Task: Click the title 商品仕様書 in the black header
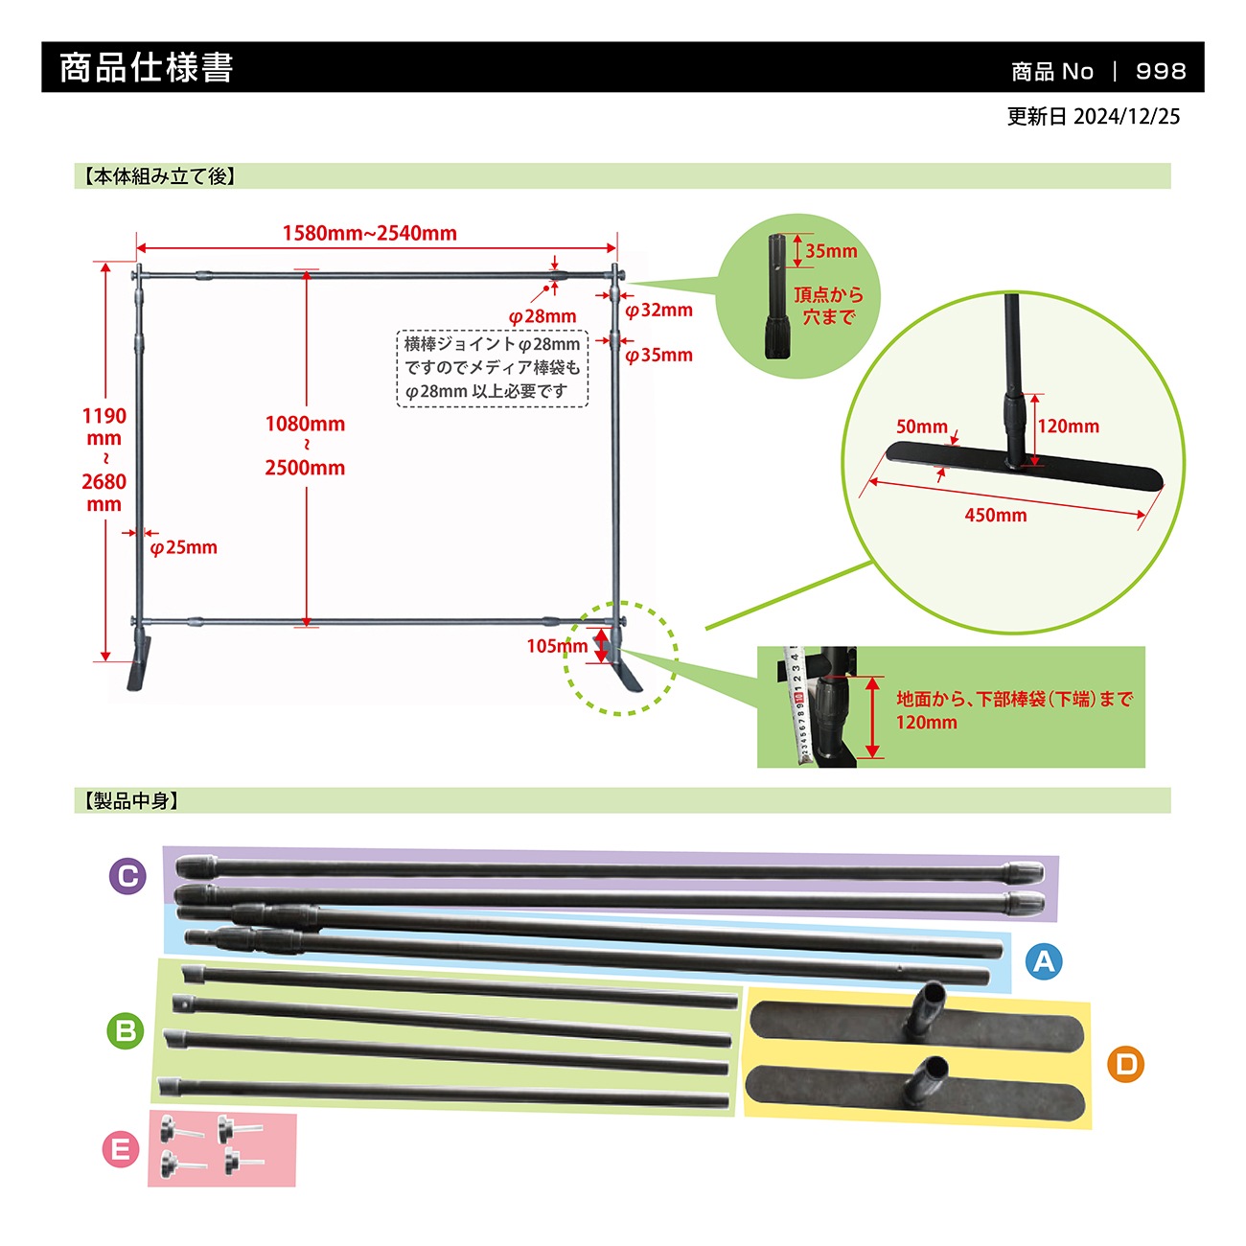coord(146,67)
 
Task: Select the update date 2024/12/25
coord(1126,116)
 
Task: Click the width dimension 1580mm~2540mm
coord(369,233)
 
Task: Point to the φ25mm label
coord(184,547)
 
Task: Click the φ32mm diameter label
coord(658,311)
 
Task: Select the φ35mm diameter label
coord(658,355)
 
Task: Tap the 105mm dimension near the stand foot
coord(557,646)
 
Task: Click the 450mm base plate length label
coord(995,516)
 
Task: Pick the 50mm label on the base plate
coord(921,427)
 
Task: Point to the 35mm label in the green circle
coord(831,251)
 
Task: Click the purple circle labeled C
coord(127,876)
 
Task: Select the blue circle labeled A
coord(1044,961)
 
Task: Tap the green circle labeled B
coord(126,1030)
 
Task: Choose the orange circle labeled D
coord(1126,1064)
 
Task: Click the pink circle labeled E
coord(121,1149)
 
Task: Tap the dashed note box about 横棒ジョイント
coord(492,369)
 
